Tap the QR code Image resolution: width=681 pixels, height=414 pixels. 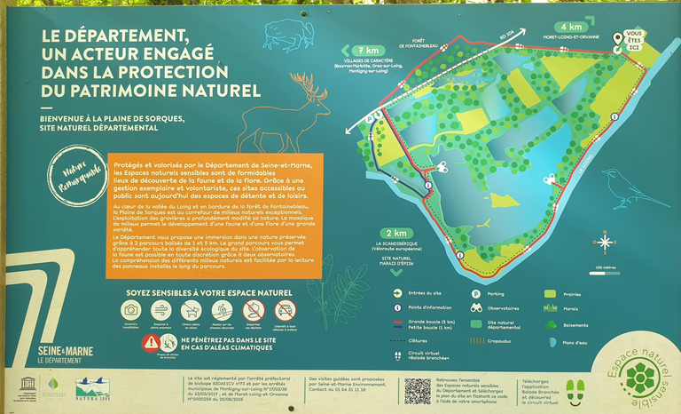pos(417,391)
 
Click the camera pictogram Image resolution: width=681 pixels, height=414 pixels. pos(130,309)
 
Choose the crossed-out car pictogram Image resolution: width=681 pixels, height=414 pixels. pos(285,309)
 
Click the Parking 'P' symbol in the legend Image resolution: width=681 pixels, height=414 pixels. pos(475,293)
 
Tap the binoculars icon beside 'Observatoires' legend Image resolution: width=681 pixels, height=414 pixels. pos(475,308)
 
